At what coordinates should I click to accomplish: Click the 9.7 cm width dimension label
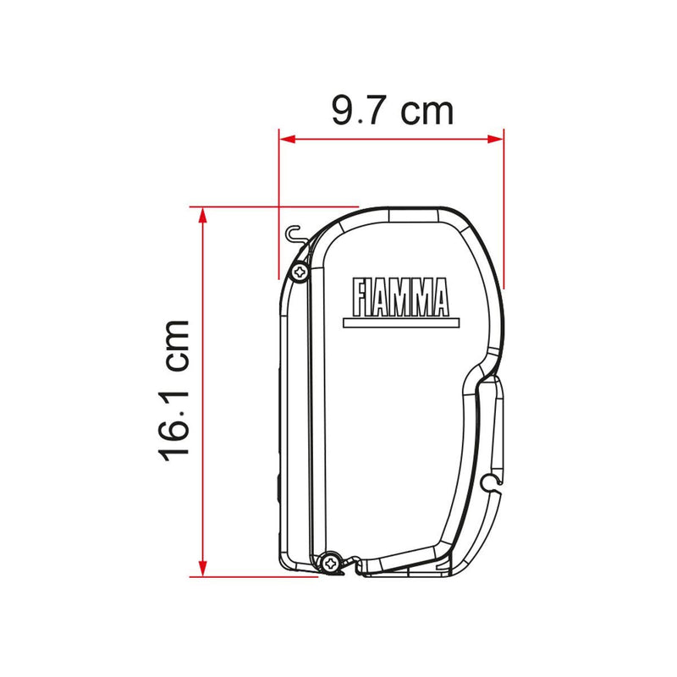pyautogui.click(x=393, y=111)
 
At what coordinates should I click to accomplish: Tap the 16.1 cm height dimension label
pyautogui.click(x=174, y=391)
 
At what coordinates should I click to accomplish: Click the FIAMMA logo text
pyautogui.click(x=400, y=297)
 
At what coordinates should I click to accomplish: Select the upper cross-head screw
pyautogui.click(x=300, y=272)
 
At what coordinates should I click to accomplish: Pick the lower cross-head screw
pyautogui.click(x=331, y=563)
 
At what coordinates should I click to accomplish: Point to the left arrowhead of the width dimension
pyautogui.click(x=287, y=139)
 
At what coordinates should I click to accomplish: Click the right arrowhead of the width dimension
pyautogui.click(x=496, y=139)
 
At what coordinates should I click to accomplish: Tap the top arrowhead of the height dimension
pyautogui.click(x=202, y=215)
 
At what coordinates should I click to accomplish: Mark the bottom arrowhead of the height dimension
pyautogui.click(x=202, y=569)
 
